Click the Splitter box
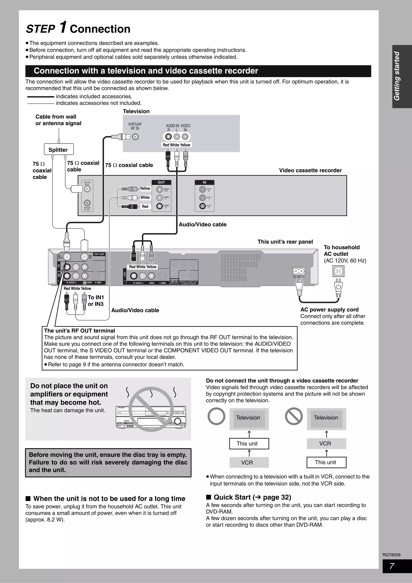pyautogui.click(x=59, y=149)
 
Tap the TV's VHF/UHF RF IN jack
pyautogui.click(x=136, y=137)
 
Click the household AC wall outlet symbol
pyautogui.click(x=338, y=271)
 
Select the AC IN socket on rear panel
pyautogui.click(x=299, y=271)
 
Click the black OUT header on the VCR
pyautogui.click(x=161, y=182)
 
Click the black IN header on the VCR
pyautogui.click(x=204, y=182)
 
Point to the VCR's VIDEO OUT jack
pyautogui.click(x=160, y=190)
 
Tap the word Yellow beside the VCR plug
pyautogui.click(x=145, y=188)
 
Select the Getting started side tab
pyautogui.click(x=397, y=76)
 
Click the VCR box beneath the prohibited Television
pyautogui.click(x=326, y=444)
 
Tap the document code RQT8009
pyautogui.click(x=391, y=555)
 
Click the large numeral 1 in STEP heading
pyautogui.click(x=63, y=27)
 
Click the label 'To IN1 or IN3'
pyautogui.click(x=96, y=301)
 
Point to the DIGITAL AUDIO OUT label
pyautogui.click(x=188, y=282)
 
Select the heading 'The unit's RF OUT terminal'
pyautogui.click(x=79, y=331)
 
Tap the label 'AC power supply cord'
pyautogui.click(x=329, y=310)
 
